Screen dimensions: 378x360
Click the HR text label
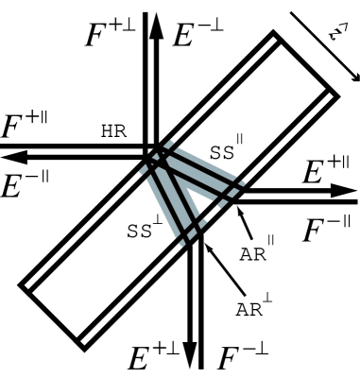coord(113,131)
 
